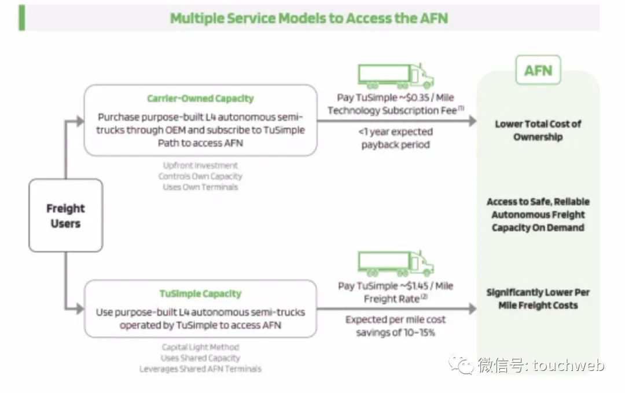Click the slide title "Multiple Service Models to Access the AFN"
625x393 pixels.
[x=308, y=18]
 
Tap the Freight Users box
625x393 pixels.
[x=65, y=216]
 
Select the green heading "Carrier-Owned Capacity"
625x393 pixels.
[x=200, y=99]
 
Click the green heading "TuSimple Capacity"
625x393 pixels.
[x=200, y=294]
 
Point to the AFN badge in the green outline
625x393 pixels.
[x=538, y=71]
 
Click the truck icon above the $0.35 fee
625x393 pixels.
[x=395, y=76]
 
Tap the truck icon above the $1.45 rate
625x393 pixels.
[x=395, y=264]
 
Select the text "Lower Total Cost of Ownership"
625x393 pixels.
[x=538, y=130]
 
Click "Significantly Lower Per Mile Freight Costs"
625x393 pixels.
[x=538, y=299]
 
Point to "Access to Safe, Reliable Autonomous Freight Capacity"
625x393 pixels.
[x=538, y=214]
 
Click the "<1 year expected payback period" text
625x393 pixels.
[x=396, y=138]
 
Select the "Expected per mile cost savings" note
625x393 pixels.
[x=396, y=326]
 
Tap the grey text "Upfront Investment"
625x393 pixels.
[x=200, y=166]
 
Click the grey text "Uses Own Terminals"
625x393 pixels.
[x=200, y=187]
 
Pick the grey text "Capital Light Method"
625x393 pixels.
[x=200, y=347]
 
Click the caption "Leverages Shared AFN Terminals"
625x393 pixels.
[x=200, y=369]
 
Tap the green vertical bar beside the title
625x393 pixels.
[x=22, y=18]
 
